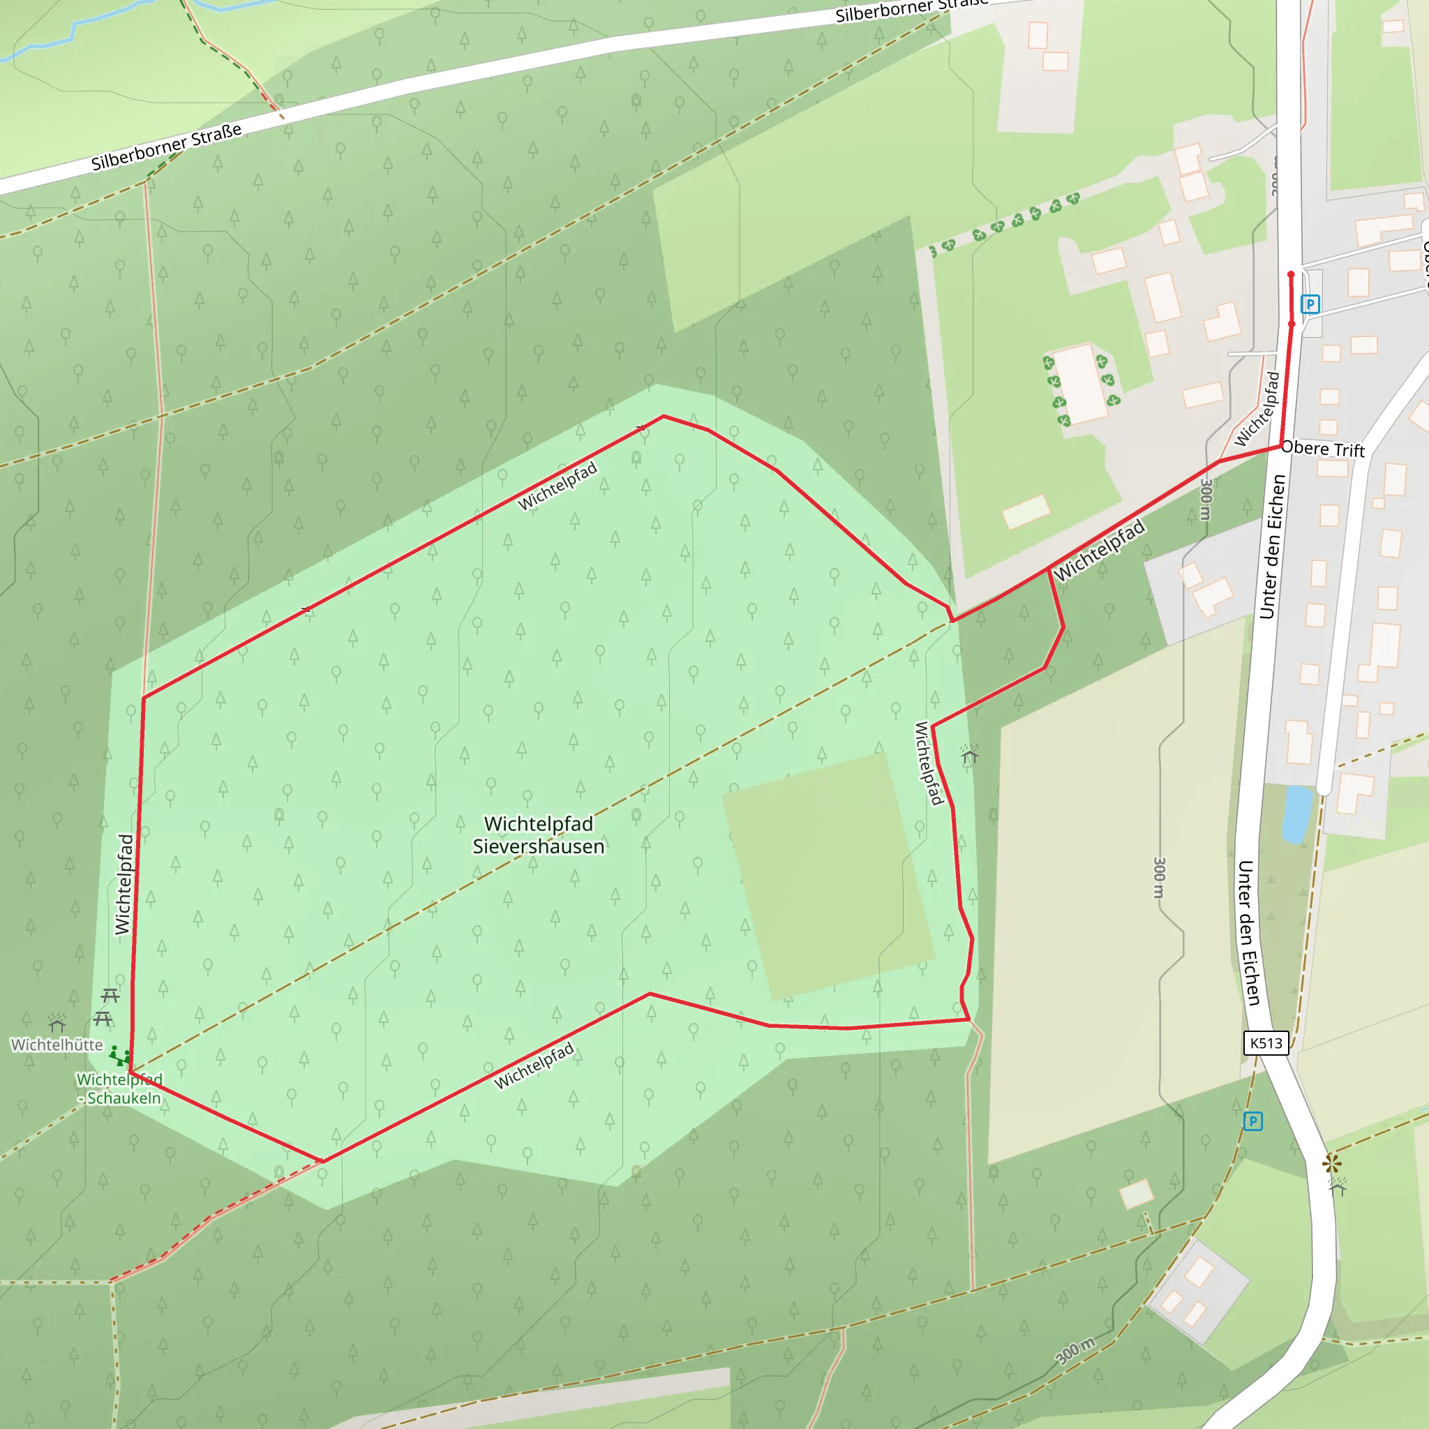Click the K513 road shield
click(1266, 1043)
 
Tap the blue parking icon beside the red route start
click(1310, 304)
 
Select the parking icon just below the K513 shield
click(1252, 1121)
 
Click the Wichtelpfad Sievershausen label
click(539, 835)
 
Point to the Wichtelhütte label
click(57, 1045)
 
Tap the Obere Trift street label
click(1323, 449)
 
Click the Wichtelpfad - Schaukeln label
click(120, 1088)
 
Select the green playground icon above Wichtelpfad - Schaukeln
click(119, 1056)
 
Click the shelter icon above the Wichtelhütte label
click(57, 1024)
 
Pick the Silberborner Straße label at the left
click(167, 147)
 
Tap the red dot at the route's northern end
click(1292, 274)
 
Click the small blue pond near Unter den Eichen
click(1297, 814)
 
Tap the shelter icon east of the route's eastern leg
click(969, 754)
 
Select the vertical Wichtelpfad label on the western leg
click(124, 885)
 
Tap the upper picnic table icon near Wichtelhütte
click(110, 994)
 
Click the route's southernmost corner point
click(323, 1161)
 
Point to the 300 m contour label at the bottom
click(1075, 1352)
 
